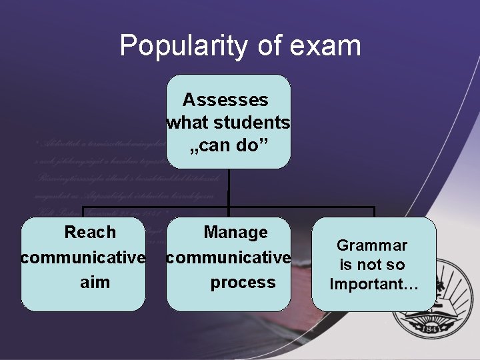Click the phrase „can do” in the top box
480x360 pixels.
228,145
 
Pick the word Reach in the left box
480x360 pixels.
90,233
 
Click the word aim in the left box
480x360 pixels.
95,282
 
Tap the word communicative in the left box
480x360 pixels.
83,257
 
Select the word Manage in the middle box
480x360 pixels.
235,233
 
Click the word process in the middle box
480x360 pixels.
243,282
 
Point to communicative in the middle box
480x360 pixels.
229,257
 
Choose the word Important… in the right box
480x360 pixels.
374,285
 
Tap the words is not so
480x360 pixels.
371,265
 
